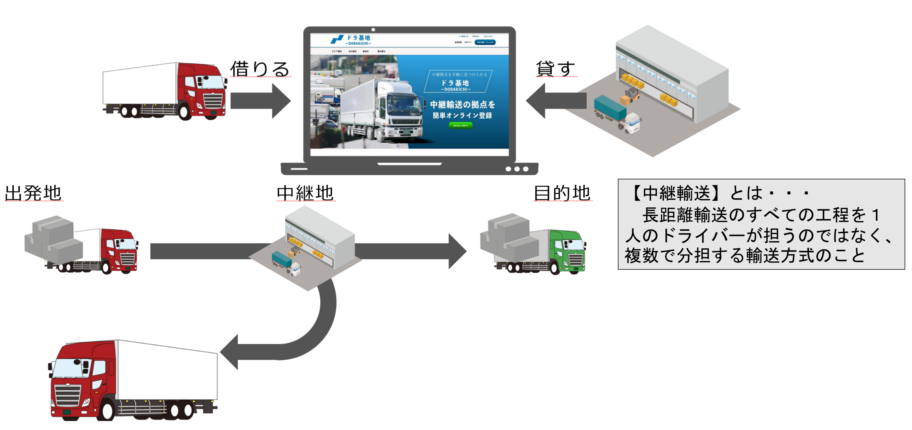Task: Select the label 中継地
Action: point(305,193)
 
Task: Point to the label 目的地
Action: point(562,193)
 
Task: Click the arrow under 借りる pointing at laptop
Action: point(260,101)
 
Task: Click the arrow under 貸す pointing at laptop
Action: point(556,101)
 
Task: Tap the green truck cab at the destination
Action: point(568,251)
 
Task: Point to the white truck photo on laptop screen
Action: point(382,110)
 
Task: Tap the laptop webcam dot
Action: point(373,30)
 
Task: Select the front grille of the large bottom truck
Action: point(67,395)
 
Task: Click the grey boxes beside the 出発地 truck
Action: point(53,239)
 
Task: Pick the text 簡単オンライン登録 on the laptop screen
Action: point(462,115)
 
